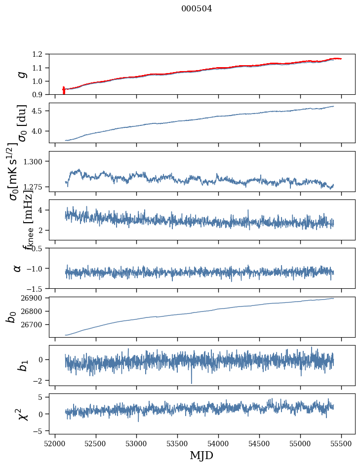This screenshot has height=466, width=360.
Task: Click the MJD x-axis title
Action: (201, 455)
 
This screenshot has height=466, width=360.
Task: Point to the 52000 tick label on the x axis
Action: (55, 443)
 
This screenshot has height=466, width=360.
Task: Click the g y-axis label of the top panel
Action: (21, 74)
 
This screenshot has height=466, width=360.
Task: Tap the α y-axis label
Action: (17, 268)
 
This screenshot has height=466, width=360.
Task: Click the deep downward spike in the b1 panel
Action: (192, 380)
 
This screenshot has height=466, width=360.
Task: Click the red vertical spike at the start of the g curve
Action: (64, 91)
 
